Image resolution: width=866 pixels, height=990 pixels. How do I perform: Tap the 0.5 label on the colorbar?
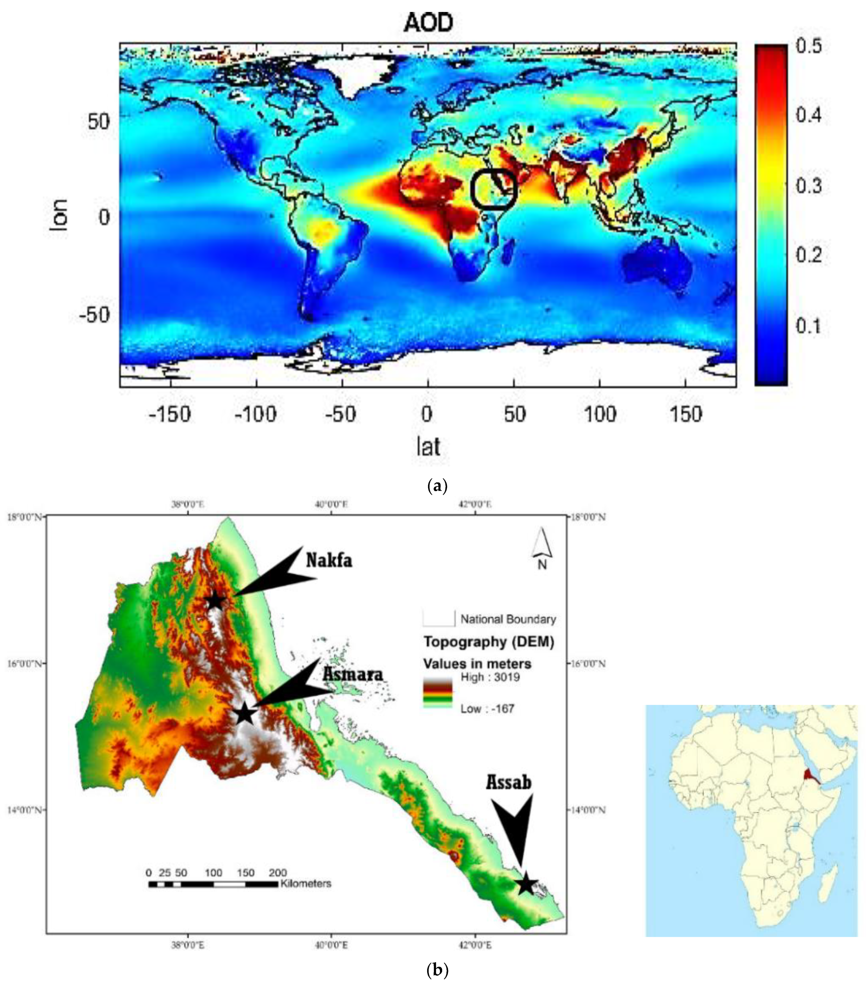pyautogui.click(x=808, y=46)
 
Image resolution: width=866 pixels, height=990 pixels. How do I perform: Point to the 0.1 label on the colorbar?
pyautogui.click(x=808, y=325)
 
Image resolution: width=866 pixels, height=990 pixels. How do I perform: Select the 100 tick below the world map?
pyautogui.click(x=600, y=414)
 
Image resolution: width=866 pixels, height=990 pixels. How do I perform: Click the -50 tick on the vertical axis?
pyautogui.click(x=95, y=315)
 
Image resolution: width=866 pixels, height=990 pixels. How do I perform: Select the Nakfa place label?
pyautogui.click(x=329, y=560)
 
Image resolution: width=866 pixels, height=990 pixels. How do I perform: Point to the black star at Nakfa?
pyautogui.click(x=215, y=601)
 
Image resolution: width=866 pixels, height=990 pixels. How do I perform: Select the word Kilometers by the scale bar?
pyautogui.click(x=306, y=884)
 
